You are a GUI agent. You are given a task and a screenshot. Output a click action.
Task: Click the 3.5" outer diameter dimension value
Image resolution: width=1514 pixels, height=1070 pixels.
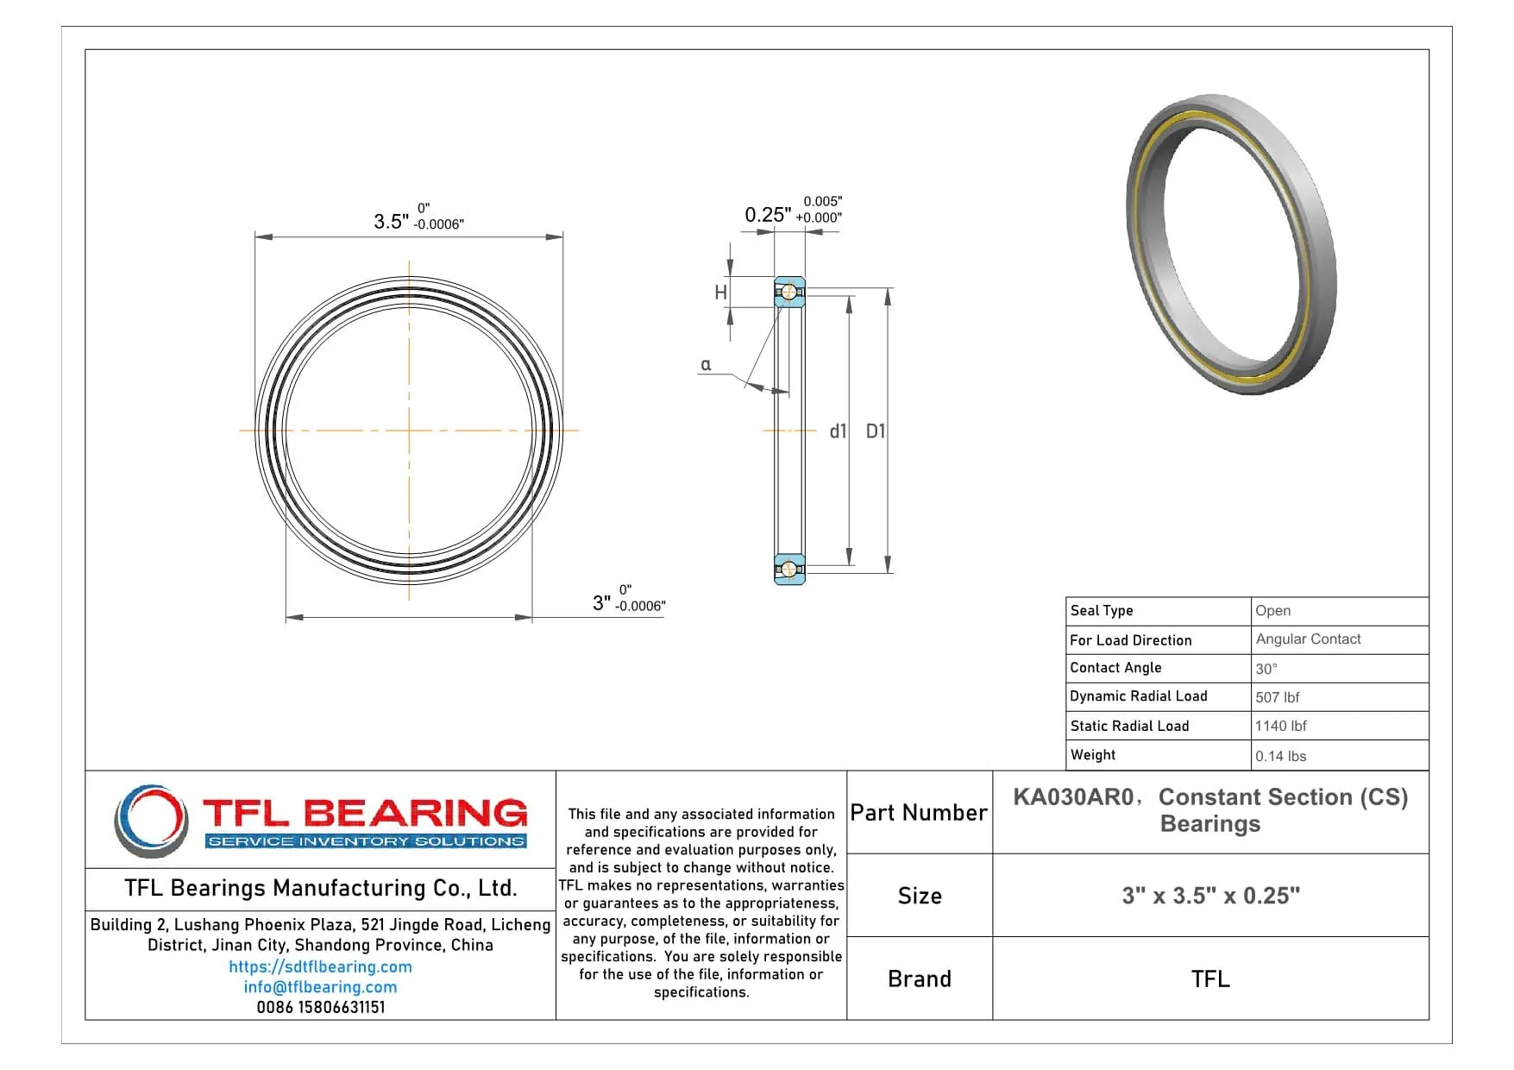pos(391,221)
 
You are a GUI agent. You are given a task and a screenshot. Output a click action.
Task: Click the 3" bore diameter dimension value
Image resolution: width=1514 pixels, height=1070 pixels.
pos(601,603)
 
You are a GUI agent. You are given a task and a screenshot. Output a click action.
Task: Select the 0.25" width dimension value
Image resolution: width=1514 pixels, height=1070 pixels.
pos(767,215)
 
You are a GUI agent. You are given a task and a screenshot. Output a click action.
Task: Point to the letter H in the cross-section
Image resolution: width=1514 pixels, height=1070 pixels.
pos(720,293)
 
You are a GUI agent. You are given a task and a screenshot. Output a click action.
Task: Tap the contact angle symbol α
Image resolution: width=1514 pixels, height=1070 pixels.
pos(706,365)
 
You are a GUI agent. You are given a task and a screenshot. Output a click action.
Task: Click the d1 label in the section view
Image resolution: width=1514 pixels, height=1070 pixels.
pos(838,431)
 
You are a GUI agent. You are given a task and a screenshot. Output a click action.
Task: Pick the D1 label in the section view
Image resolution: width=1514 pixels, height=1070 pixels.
pos(875,431)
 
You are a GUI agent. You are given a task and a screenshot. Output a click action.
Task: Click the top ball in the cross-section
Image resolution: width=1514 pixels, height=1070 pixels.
pos(788,293)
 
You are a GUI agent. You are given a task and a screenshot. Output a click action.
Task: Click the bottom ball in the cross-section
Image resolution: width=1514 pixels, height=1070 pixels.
pos(788,569)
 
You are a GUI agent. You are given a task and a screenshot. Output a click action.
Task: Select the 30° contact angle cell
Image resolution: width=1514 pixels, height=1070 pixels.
pos(1266,669)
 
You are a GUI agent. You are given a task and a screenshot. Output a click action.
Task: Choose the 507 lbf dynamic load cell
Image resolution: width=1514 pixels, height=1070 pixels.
pos(1277,697)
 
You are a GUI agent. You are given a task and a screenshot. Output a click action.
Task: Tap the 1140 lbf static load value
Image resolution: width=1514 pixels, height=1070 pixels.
pos(1280,726)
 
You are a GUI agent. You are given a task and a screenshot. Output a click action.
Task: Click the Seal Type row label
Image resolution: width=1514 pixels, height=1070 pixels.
pos(1102,610)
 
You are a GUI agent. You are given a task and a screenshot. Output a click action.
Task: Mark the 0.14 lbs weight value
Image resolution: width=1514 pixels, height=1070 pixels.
pos(1280,756)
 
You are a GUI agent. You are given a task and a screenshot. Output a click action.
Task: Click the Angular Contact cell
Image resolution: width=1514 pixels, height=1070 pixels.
pos(1308,639)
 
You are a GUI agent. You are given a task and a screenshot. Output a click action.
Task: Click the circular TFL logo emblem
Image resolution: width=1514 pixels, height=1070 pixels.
pos(151,820)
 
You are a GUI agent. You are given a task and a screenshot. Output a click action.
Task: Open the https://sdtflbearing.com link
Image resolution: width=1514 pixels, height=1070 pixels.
pos(320,967)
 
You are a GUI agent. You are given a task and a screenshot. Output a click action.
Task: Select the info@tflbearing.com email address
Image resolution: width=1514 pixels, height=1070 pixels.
pos(320,987)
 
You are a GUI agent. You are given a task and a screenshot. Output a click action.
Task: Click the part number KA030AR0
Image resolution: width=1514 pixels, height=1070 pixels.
pos(1072,797)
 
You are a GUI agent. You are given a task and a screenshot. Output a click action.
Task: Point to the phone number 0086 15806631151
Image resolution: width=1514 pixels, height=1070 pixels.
pos(320,1007)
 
